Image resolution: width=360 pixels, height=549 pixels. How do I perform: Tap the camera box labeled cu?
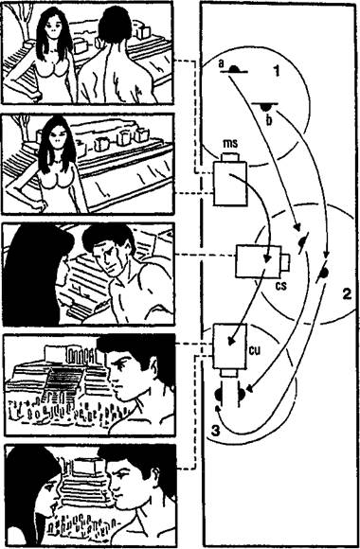230,350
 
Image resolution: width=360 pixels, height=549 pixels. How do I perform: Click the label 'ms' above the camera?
230,143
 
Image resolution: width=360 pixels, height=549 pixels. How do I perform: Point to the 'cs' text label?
281,286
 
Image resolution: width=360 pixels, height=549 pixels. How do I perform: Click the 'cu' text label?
255,350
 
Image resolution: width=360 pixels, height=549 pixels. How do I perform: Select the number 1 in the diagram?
277,71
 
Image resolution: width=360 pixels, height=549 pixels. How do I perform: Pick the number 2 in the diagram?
347,294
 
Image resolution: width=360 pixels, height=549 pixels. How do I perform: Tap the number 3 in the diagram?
216,431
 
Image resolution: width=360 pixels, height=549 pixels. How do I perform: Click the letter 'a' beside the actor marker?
221,63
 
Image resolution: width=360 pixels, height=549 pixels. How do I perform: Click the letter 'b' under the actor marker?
269,120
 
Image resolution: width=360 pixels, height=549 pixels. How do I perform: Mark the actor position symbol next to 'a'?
234,69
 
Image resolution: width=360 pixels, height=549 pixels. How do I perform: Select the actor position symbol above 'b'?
265,106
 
